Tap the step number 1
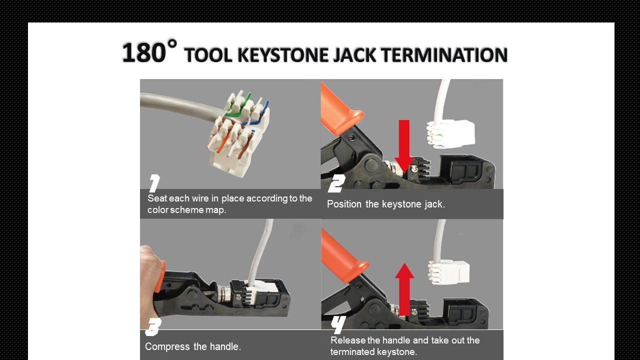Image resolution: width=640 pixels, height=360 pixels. tap(154, 183)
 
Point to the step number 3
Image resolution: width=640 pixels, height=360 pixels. tap(152, 327)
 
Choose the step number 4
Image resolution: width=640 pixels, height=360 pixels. tap(338, 325)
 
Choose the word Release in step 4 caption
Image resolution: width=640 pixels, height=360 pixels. tap(347, 340)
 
